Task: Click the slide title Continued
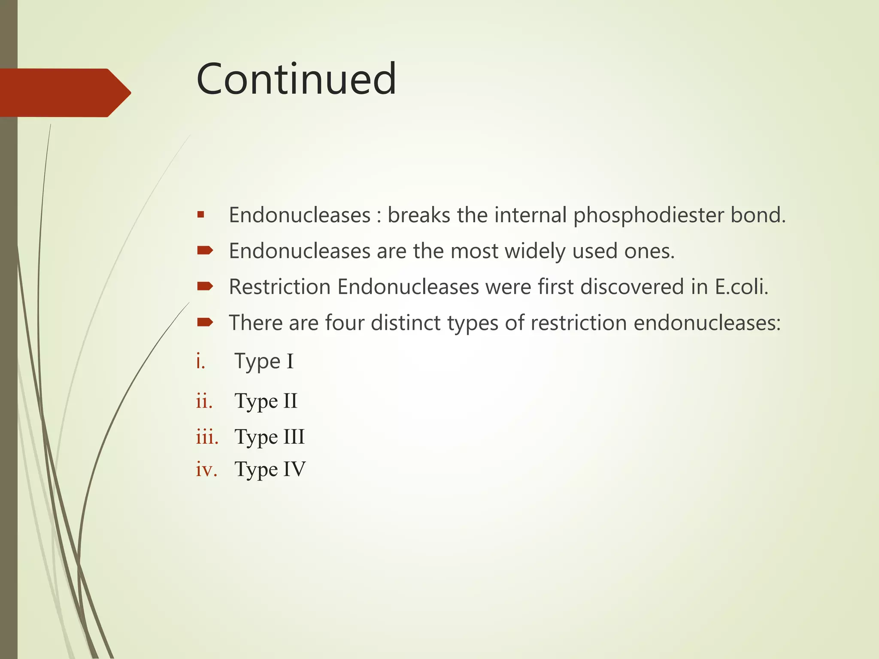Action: [296, 79]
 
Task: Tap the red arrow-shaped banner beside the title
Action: [64, 93]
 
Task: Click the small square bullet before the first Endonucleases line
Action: [201, 214]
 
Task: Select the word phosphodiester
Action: [649, 215]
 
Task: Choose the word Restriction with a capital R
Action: [279, 287]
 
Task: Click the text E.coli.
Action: [741, 287]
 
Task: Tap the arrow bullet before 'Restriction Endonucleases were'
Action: [205, 286]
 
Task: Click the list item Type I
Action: [264, 361]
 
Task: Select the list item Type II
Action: [266, 401]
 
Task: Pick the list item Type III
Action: [270, 437]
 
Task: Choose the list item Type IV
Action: [270, 469]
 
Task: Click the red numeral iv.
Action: [206, 469]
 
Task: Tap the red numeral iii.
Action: [207, 437]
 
